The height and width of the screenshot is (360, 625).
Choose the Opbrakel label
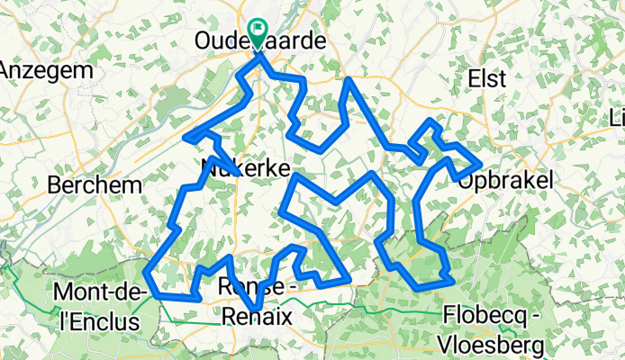coord(502,181)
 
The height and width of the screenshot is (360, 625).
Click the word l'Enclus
coord(86,320)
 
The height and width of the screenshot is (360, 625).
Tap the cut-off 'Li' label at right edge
coord(617,118)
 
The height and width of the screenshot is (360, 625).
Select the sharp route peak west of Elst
coord(349,80)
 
